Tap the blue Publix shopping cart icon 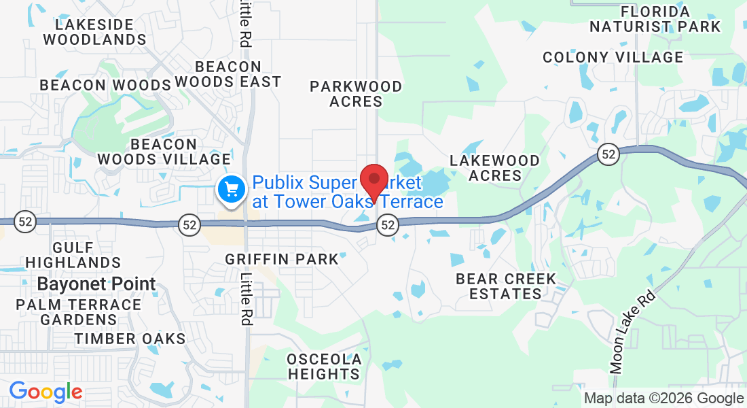point(231,188)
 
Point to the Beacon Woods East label point(228,74)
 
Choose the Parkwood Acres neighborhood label point(356,94)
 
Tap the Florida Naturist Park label point(655,19)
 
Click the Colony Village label point(613,57)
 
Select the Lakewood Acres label point(495,168)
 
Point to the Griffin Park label point(282,259)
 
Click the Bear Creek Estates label point(505,286)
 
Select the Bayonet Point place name point(96,284)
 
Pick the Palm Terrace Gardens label point(79,312)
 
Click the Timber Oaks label point(130,339)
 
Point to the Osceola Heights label point(324,367)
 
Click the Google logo point(45,392)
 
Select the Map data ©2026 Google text point(663,398)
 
